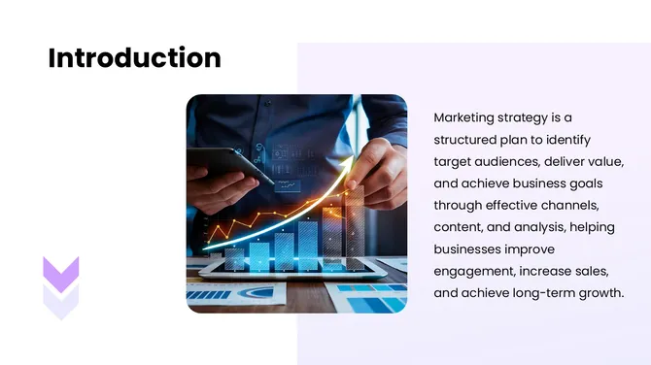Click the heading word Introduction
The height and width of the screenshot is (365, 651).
tap(134, 58)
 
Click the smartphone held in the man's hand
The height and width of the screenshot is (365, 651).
tap(228, 165)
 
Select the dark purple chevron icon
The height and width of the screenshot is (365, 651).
tap(61, 274)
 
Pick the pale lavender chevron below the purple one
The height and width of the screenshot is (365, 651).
tap(61, 304)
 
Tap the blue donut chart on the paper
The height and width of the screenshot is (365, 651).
tap(257, 291)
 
